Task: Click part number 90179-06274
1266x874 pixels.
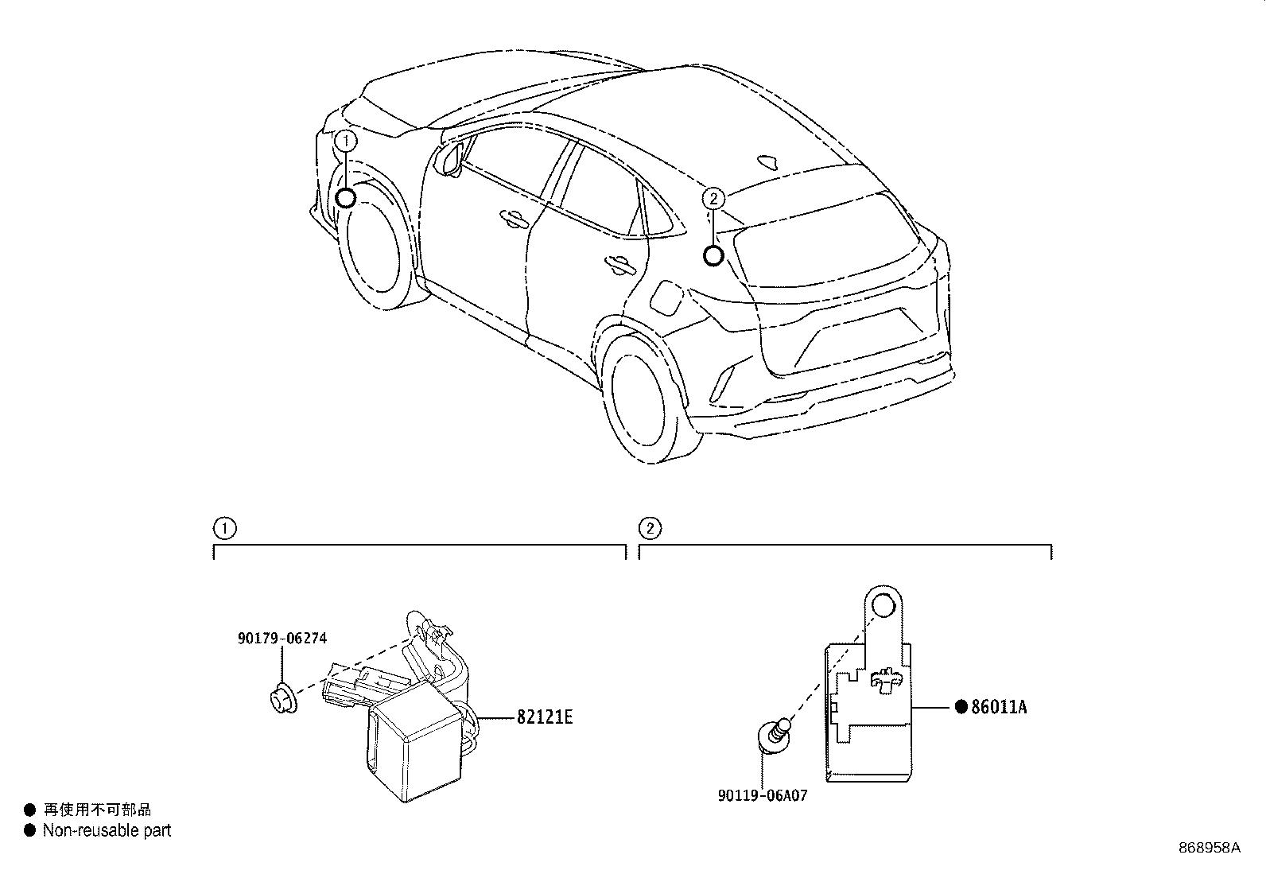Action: pos(282,638)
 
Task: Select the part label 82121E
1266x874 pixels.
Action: pos(545,717)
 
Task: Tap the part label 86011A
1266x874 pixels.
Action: pos(999,706)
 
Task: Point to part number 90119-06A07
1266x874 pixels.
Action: pos(761,794)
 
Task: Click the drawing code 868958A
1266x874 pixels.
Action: pos(1209,847)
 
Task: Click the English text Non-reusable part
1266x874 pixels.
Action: pos(107,830)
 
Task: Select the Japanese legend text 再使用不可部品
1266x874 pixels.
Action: pos(96,810)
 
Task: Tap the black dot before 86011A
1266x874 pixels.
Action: pos(960,706)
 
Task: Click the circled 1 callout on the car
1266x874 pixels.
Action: pos(346,141)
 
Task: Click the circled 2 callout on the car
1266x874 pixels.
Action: pos(714,198)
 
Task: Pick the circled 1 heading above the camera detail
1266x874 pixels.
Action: pos(224,528)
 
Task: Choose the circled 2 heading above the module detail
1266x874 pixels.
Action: pos(650,528)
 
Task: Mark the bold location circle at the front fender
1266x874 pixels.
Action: pos(346,198)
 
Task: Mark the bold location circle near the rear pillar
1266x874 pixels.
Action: pos(714,255)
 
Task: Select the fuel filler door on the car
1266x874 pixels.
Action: pos(664,296)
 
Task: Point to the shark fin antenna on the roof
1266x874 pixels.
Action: pos(768,162)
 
